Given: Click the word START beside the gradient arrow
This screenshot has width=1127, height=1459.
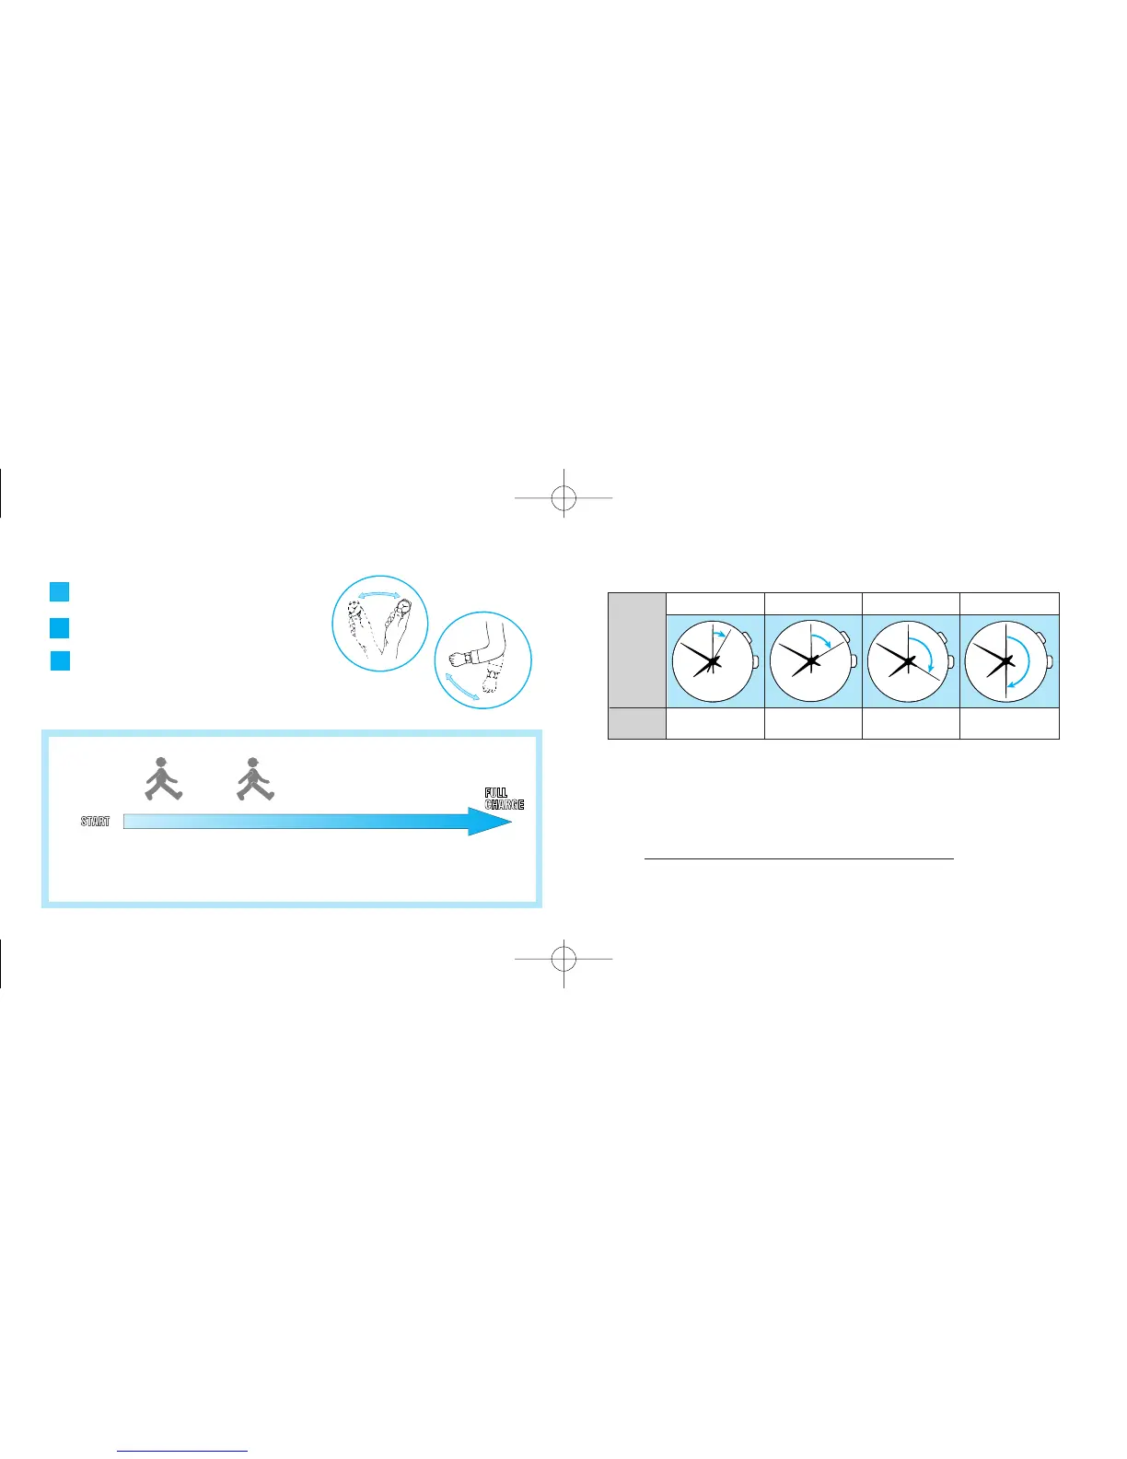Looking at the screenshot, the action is pos(95,822).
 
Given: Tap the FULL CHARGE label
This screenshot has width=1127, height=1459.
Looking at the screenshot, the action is pos(504,799).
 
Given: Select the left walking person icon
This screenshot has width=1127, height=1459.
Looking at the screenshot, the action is pos(163,779).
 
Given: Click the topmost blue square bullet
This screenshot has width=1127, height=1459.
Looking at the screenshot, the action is pos(60,592).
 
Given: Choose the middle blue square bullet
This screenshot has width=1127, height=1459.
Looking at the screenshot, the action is pos(60,628).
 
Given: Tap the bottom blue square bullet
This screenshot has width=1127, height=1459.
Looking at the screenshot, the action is pos(60,660).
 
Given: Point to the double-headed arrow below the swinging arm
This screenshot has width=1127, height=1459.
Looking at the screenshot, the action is pos(463,688).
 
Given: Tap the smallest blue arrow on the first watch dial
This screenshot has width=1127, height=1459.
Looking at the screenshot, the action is pos(723,634).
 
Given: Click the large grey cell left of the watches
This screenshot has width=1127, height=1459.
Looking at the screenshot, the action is pos(637,650).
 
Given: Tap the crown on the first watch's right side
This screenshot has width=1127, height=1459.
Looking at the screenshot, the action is pos(758,660).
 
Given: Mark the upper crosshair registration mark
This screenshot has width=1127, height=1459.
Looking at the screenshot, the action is pos(563,497).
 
